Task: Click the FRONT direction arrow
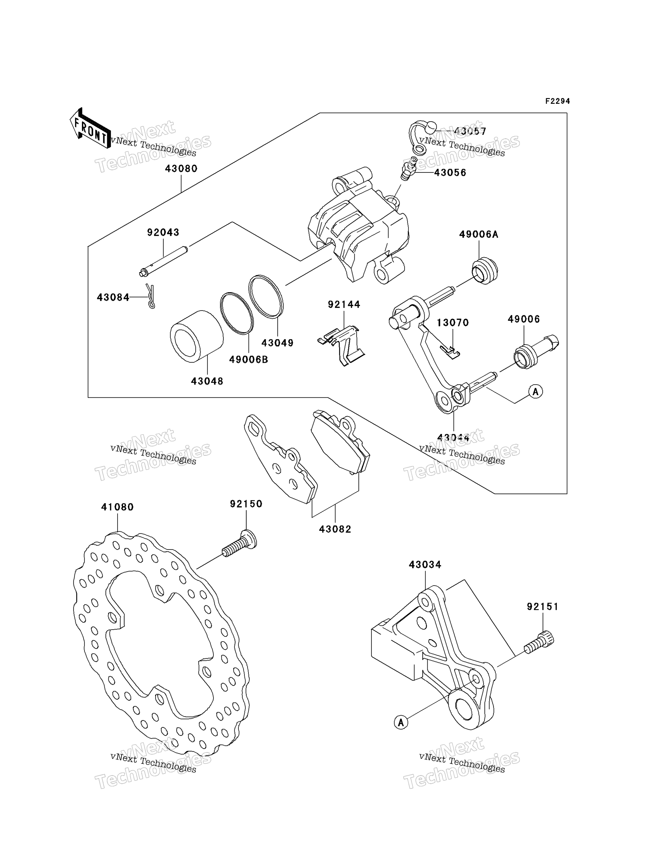point(90,128)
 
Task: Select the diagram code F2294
point(558,101)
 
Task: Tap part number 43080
point(181,169)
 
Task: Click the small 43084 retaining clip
point(150,296)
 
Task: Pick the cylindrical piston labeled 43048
point(196,337)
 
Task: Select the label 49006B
point(249,360)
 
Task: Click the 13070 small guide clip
point(450,352)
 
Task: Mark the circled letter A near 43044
point(536,391)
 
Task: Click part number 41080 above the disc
point(118,507)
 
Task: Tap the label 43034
point(425,565)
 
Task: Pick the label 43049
point(278,343)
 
